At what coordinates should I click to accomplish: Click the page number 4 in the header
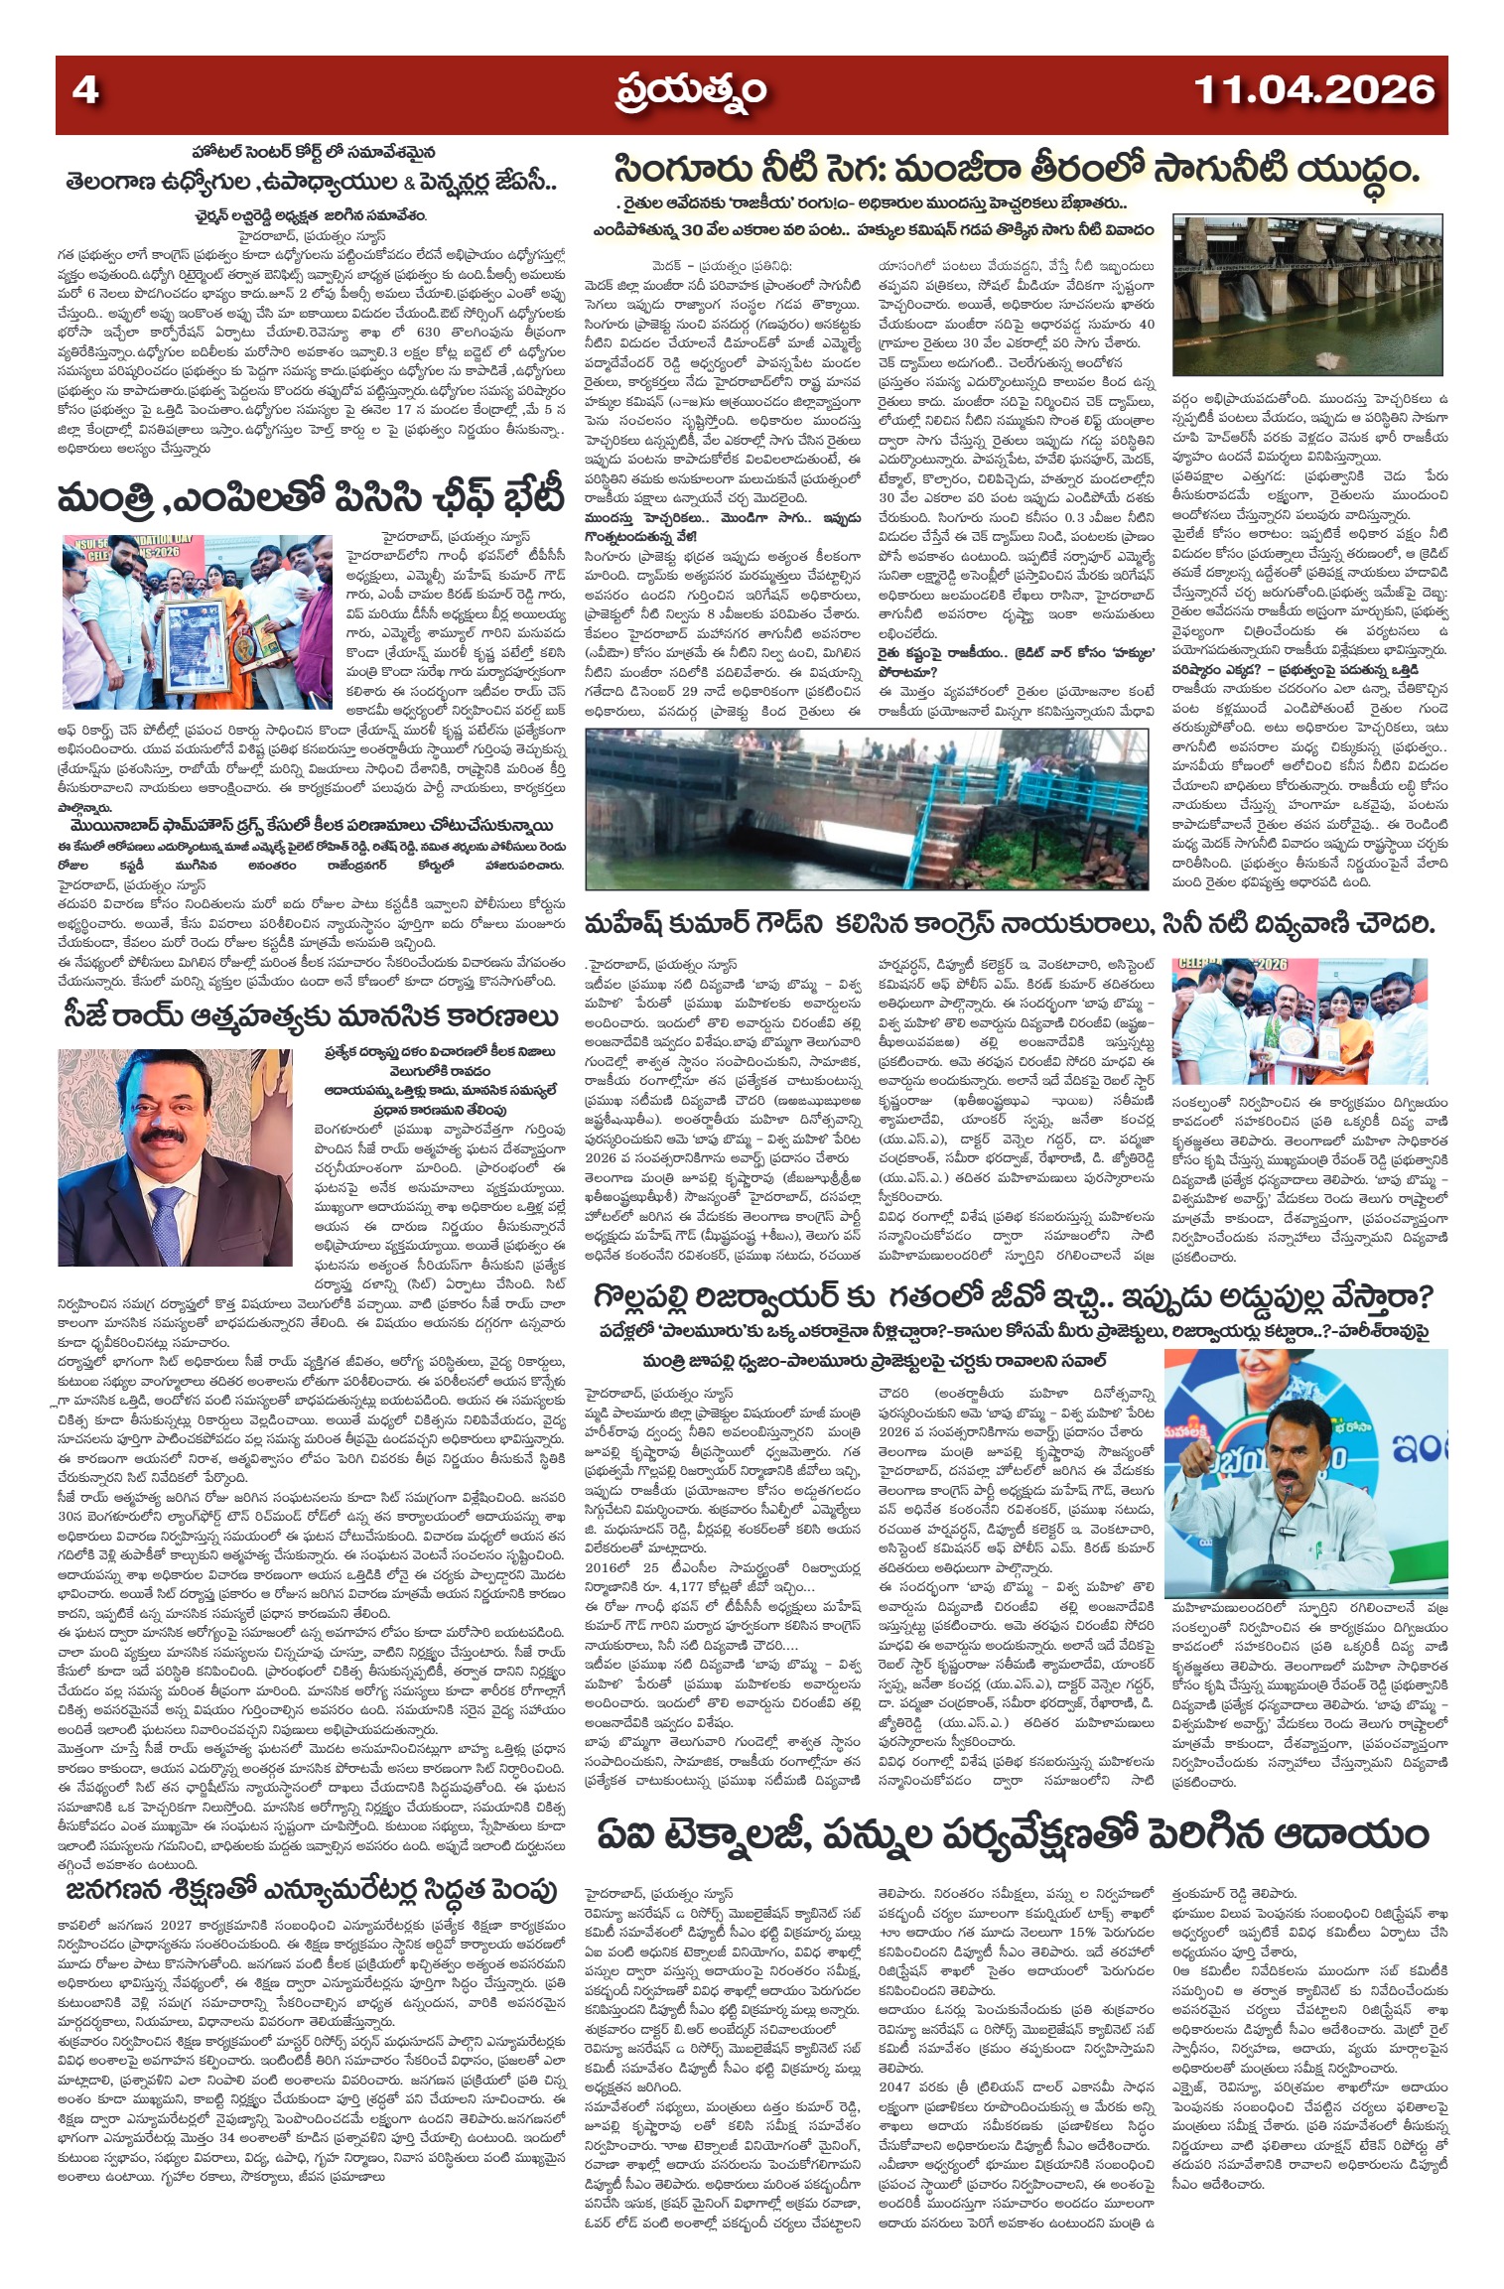pos(85,91)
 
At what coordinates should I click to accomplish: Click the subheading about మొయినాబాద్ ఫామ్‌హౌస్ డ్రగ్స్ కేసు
pos(318,826)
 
